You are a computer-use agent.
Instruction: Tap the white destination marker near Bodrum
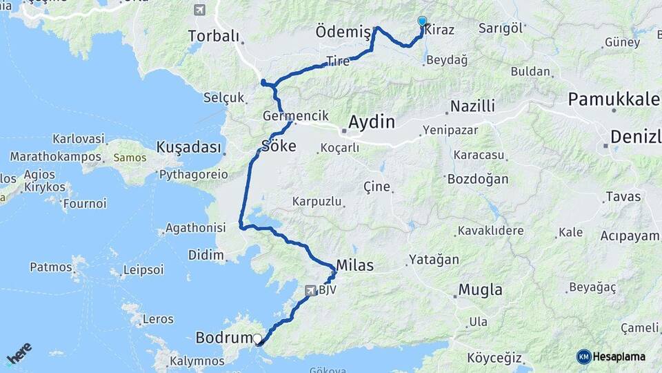click(258, 338)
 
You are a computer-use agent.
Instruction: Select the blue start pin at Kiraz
click(422, 21)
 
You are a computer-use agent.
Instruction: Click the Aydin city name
click(372, 122)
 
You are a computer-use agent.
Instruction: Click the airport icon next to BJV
click(310, 291)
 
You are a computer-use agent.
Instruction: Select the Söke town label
click(279, 146)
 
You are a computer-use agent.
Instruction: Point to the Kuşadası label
click(189, 147)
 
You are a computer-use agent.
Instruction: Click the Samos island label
click(130, 157)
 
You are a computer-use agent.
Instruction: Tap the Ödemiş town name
click(342, 32)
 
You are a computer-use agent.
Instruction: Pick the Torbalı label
click(214, 36)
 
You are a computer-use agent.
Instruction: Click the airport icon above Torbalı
click(200, 10)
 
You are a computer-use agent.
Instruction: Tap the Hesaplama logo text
click(619, 356)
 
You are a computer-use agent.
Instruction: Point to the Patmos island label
click(51, 267)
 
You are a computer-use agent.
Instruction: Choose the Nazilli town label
click(472, 106)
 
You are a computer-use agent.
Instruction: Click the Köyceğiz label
click(494, 358)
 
